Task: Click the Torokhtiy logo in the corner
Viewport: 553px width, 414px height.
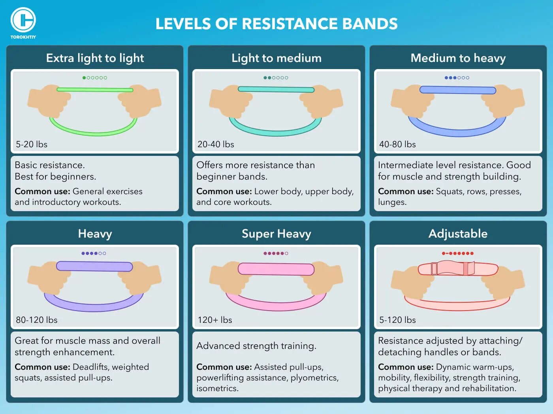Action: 23,22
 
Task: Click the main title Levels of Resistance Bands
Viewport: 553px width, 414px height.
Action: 276,24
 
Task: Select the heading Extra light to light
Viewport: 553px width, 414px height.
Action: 95,58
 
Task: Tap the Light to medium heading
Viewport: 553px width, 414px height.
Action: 276,58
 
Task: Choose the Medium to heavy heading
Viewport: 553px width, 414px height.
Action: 458,58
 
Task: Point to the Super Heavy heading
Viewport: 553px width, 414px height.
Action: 276,234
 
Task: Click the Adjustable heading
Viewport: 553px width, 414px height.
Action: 458,234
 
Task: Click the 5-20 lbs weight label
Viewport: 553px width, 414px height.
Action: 32,144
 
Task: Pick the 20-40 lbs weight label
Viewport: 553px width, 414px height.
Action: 216,144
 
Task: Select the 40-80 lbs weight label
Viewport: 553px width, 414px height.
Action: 397,144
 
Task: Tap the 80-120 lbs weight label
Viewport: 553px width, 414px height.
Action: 37,320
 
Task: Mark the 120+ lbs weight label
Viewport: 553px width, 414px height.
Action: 215,320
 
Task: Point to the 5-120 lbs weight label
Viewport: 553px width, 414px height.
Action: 397,320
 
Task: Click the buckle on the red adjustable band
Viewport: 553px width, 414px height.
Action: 468,268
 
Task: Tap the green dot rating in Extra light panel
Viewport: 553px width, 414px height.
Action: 95,78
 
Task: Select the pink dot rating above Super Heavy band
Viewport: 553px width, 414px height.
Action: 276,253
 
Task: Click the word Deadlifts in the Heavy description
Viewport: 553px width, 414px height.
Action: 90,367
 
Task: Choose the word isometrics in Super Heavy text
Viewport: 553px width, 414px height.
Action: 217,388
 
